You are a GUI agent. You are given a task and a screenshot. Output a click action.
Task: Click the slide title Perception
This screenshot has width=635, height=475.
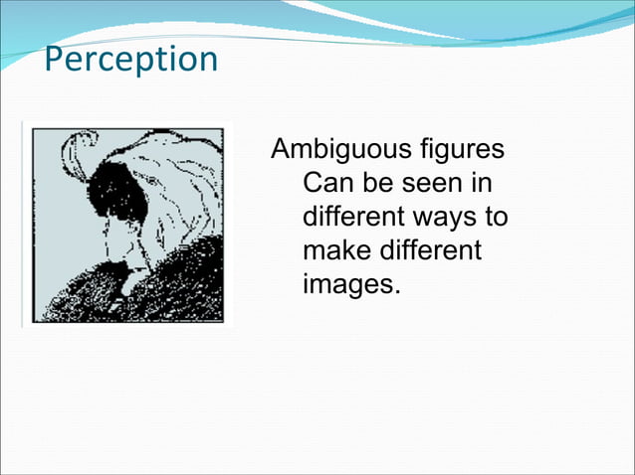click(130, 60)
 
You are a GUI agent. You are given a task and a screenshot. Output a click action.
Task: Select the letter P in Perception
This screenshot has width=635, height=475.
click(55, 60)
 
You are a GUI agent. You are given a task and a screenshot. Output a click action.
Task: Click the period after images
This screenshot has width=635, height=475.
click(396, 290)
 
